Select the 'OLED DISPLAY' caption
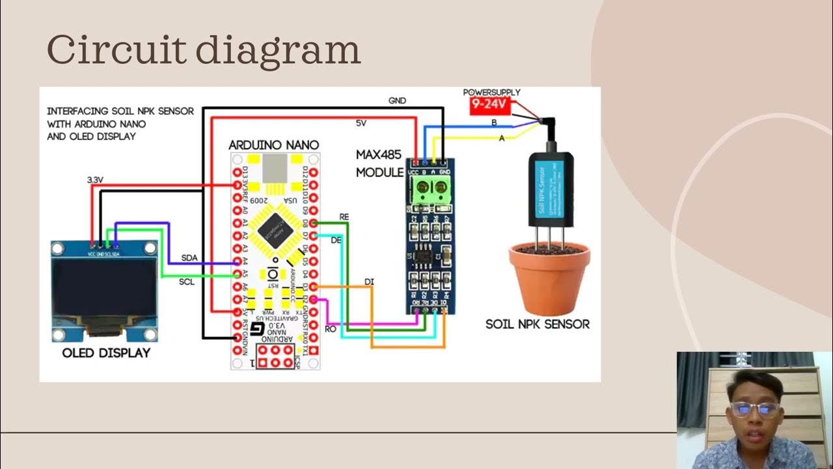[106, 353]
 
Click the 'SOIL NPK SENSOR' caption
[538, 324]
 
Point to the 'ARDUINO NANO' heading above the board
[274, 145]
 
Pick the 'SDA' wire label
[189, 258]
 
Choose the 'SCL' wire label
[187, 282]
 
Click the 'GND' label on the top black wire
[397, 101]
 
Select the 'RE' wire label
[344, 216]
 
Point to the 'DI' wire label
[369, 281]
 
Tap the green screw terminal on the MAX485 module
[429, 190]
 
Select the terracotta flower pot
[549, 277]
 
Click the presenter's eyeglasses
[755, 409]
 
